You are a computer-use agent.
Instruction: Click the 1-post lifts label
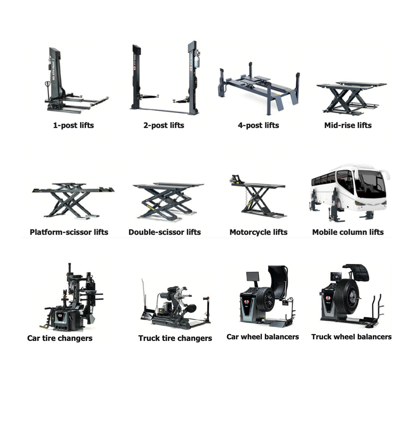(73, 125)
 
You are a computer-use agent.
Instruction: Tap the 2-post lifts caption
(163, 125)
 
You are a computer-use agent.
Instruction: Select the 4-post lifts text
(258, 125)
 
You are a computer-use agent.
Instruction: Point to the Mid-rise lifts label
(348, 125)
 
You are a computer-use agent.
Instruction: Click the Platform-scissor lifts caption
(69, 232)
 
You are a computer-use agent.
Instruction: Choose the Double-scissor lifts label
(164, 232)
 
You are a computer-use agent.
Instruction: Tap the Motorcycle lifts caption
(258, 232)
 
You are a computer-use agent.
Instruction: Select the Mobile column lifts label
(348, 232)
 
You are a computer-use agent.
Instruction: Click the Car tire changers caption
(60, 338)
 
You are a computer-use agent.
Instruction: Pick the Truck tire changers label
(175, 338)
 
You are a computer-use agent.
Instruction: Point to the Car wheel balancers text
(263, 337)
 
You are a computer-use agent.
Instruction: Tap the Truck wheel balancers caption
(351, 337)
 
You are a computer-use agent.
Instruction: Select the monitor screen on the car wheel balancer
(252, 277)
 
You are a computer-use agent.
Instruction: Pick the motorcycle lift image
(258, 197)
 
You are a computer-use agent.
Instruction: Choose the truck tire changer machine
(175, 307)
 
